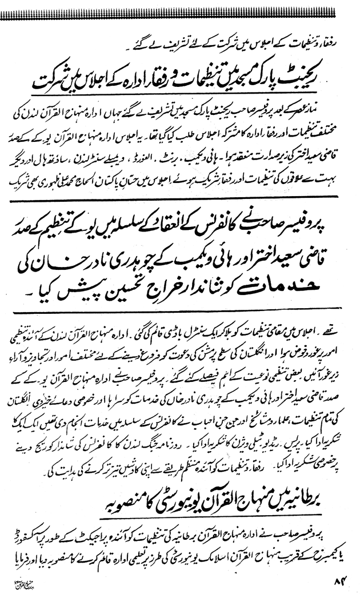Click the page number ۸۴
click(x=339, y=583)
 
